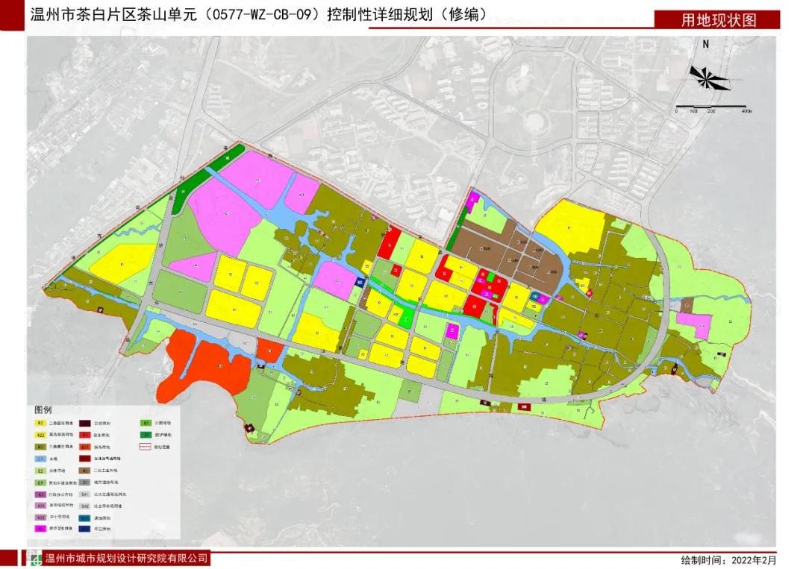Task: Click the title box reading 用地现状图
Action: tap(718, 19)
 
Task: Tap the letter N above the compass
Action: tap(705, 44)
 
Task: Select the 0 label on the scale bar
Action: tap(676, 111)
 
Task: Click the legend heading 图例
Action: tap(43, 410)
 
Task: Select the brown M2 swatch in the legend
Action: tap(85, 471)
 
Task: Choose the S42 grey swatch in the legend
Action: tap(85, 506)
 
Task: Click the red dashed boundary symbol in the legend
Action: tap(146, 447)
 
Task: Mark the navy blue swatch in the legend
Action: tap(85, 529)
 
